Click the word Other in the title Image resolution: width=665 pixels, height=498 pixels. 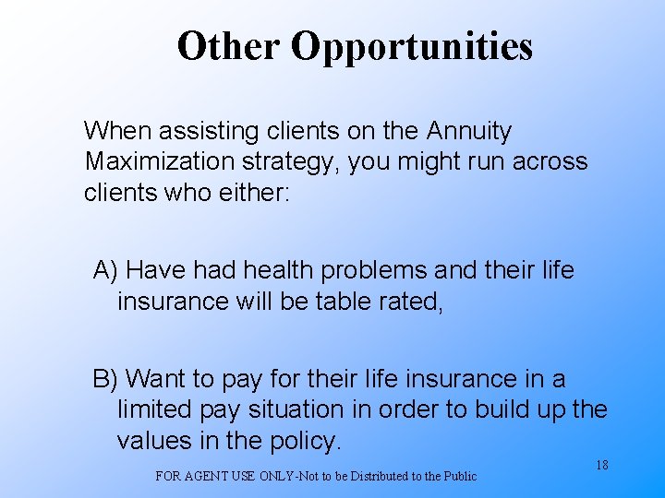pos(228,45)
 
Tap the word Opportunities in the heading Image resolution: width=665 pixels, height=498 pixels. pos(412,47)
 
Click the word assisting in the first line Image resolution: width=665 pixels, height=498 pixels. pos(206,132)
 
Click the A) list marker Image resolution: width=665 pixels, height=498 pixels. pos(105,271)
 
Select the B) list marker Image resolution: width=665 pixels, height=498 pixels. pos(105,379)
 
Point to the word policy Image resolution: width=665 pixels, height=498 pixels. pos(306,442)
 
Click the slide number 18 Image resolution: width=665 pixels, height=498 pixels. pos(601,466)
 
